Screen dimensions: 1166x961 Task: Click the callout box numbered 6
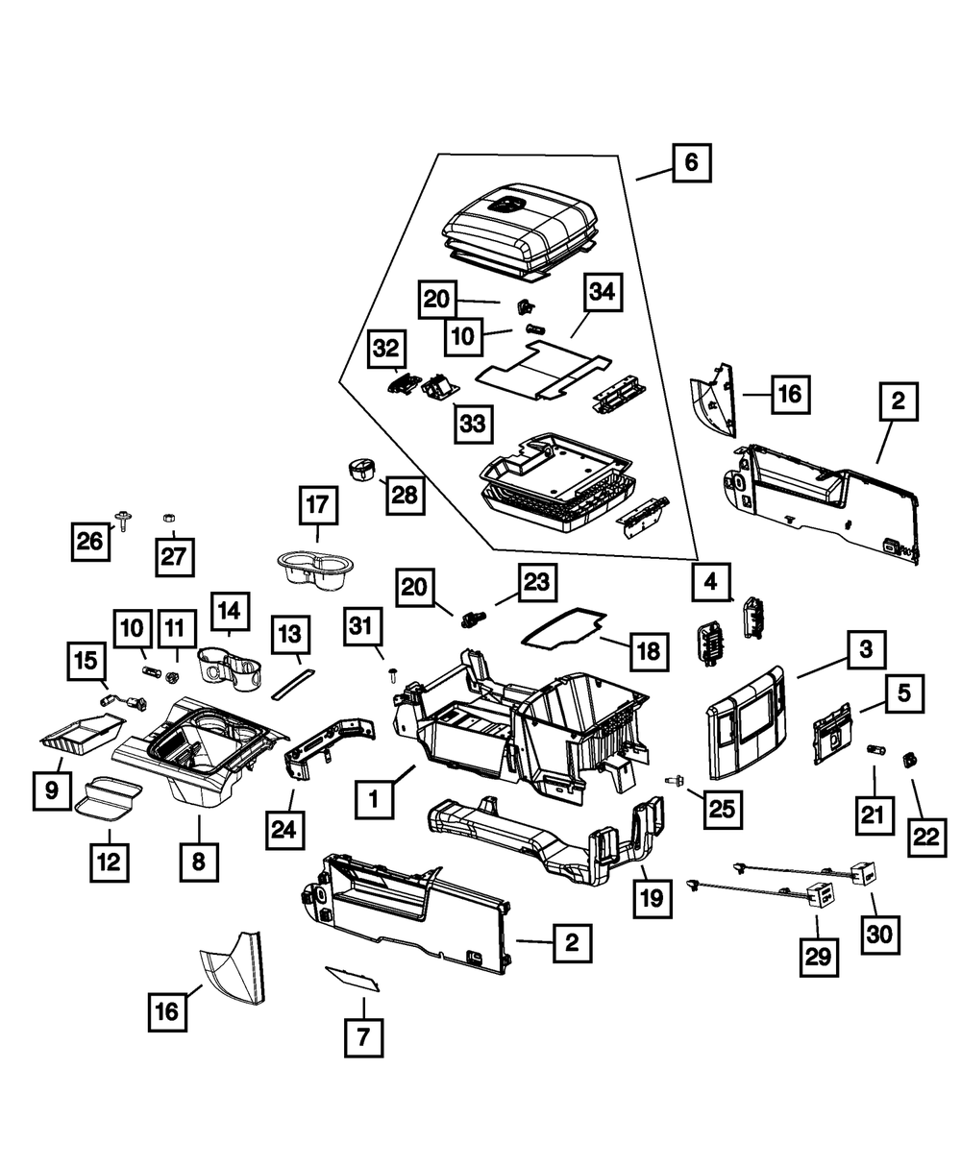pyautogui.click(x=691, y=162)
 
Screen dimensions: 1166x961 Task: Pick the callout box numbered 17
pyautogui.click(x=318, y=504)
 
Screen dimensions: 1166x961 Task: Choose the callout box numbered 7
pyautogui.click(x=364, y=1038)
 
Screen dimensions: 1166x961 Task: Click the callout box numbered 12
pyautogui.click(x=109, y=862)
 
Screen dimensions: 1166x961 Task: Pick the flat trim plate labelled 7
pyautogui.click(x=351, y=978)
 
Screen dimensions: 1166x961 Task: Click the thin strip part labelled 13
pyautogui.click(x=287, y=683)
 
